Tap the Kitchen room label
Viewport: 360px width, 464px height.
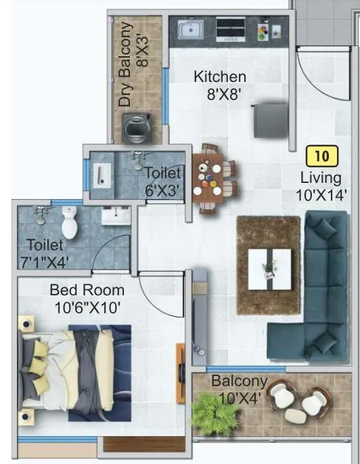click(220, 77)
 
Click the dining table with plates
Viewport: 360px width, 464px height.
click(210, 177)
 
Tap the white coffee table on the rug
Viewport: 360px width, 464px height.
click(269, 265)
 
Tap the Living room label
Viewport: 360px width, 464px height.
click(321, 178)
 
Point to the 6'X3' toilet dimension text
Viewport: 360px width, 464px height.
click(163, 192)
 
